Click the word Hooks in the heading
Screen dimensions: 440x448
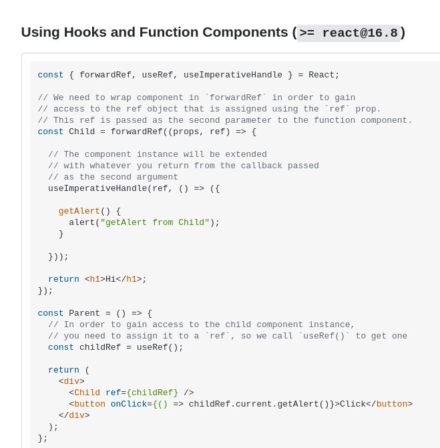pyautogui.click(x=85, y=32)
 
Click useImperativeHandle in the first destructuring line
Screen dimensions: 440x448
pyautogui.click(x=233, y=75)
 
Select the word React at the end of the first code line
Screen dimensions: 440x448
pyautogui.click(x=321, y=75)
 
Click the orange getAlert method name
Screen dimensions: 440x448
pyautogui.click(x=79, y=211)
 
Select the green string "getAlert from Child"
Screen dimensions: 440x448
pyautogui.click(x=155, y=222)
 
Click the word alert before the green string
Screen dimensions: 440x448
pyautogui.click(x=81, y=222)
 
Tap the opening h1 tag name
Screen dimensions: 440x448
pyautogui.click(x=95, y=279)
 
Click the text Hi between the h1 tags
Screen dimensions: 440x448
pyautogui.click(x=111, y=279)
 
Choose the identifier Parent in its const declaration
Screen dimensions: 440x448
pyautogui.click(x=84, y=313)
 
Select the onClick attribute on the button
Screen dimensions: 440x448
pyautogui.click(x=129, y=404)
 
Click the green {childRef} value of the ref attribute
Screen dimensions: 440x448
pyautogui.click(x=152, y=393)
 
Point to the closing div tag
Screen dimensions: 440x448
pyautogui.click(x=74, y=415)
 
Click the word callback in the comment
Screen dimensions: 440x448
pyautogui.click(x=262, y=166)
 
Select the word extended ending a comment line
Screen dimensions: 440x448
pyautogui.click(x=246, y=154)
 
